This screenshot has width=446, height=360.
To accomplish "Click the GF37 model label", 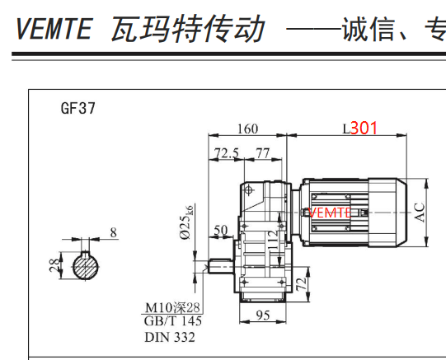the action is (78, 108).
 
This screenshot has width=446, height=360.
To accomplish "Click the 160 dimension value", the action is (248, 129).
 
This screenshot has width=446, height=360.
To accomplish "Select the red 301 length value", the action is (364, 128).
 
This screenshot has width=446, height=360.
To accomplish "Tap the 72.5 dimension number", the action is (226, 153).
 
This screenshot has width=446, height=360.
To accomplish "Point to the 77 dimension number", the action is (262, 153).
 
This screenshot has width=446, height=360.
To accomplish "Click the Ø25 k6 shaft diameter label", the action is (187, 222).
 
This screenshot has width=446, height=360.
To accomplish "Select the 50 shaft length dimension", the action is (221, 230).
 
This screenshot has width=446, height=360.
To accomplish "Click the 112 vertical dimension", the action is (273, 240).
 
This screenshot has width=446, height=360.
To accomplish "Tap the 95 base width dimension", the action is (262, 316).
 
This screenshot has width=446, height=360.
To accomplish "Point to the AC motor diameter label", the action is (420, 213).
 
